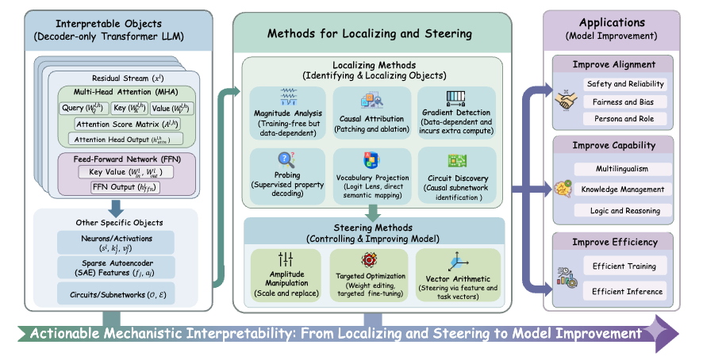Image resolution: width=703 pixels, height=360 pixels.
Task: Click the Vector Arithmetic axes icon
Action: tap(458, 262)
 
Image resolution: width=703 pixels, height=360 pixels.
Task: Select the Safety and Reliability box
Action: tap(624, 84)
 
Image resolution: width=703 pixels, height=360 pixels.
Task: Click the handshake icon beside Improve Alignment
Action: tap(565, 101)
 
